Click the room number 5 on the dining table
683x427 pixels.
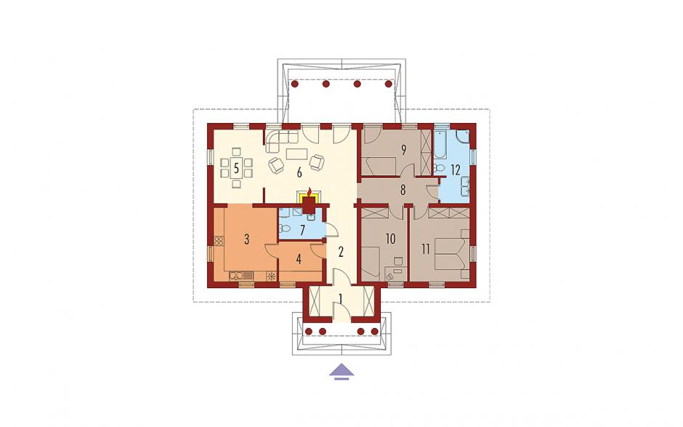236,168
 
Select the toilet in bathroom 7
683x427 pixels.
284,228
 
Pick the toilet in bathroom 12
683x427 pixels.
438,168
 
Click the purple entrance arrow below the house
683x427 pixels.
341,371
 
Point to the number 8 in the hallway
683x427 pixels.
403,190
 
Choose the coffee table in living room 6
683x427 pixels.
297,154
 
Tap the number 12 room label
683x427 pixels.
456,169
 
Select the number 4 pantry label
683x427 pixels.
299,259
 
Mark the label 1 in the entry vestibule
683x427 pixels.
341,299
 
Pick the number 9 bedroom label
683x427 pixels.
403,150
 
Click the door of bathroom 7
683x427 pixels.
329,230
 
